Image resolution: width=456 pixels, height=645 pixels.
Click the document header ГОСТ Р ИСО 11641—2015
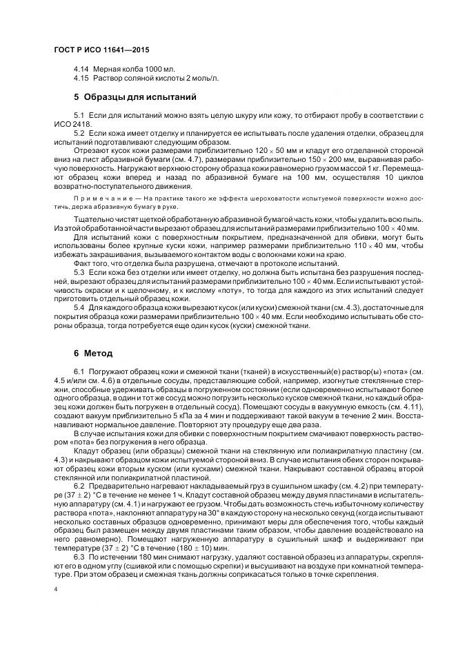(x=101, y=50)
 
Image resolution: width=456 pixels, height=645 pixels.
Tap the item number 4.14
(x=81, y=70)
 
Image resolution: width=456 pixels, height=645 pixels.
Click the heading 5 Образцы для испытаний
(x=135, y=96)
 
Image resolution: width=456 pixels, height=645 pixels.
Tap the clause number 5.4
(x=79, y=308)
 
